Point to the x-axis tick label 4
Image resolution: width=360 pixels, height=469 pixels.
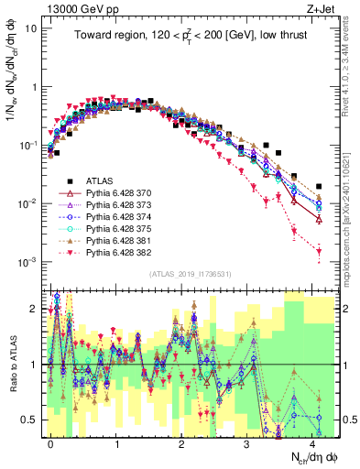pyautogui.click(x=314, y=442)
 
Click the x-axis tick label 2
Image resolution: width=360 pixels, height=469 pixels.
pyautogui.click(x=182, y=442)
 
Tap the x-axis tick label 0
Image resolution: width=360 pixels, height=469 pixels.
pyautogui.click(x=51, y=442)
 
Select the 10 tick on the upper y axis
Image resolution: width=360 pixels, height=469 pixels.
pyautogui.click(x=30, y=27)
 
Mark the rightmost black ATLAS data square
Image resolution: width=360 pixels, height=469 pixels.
pyautogui.click(x=318, y=186)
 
